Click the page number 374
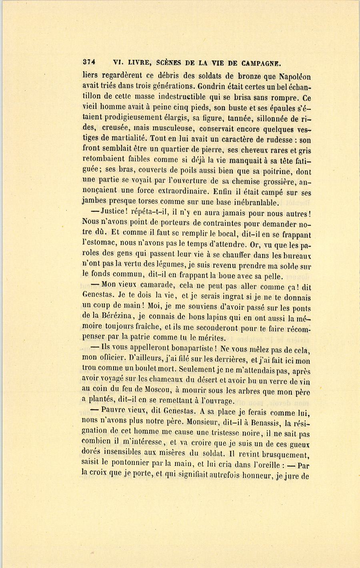88,62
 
